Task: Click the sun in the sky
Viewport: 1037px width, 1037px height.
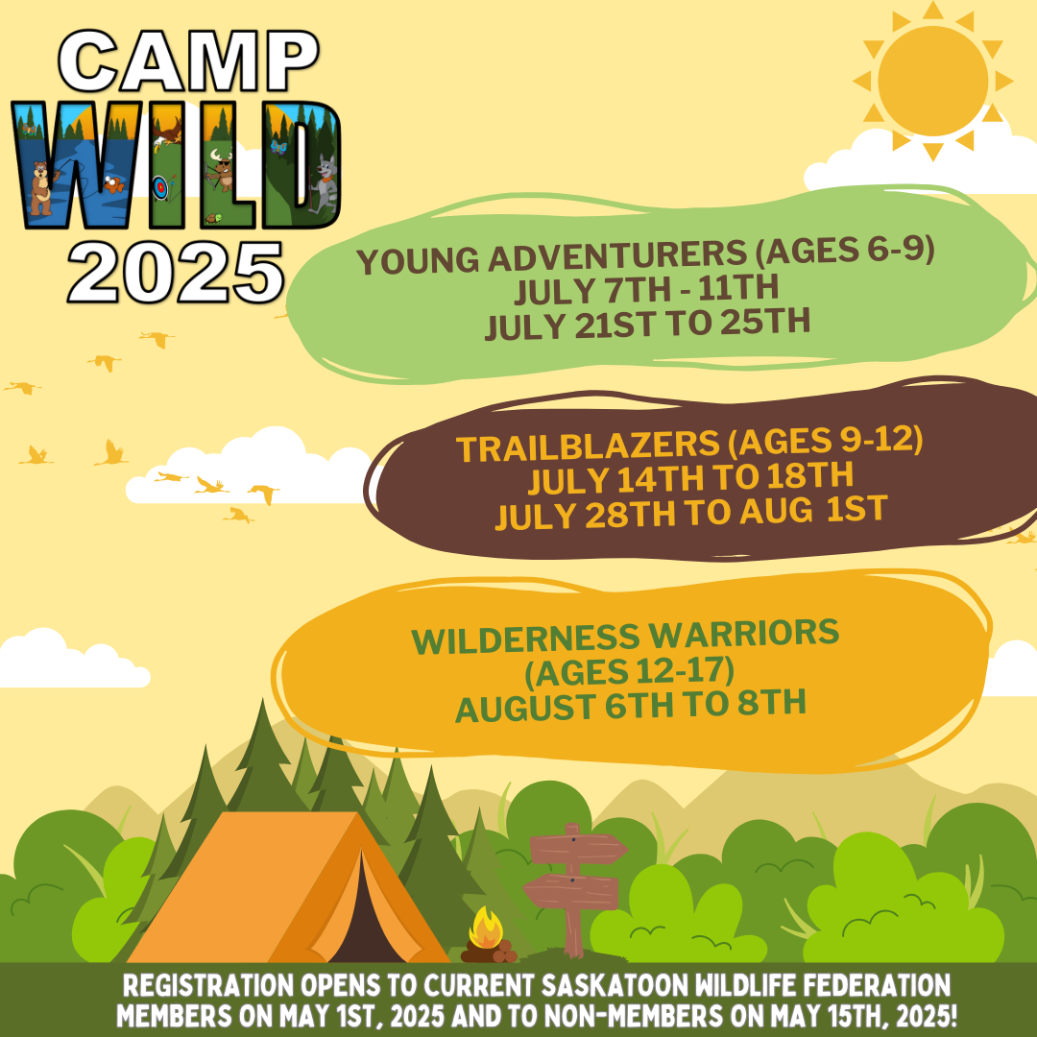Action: (932, 81)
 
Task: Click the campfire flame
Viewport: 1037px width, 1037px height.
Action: (486, 928)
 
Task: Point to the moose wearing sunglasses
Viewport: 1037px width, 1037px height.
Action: (224, 169)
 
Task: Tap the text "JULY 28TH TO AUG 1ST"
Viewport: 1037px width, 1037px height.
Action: (689, 512)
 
